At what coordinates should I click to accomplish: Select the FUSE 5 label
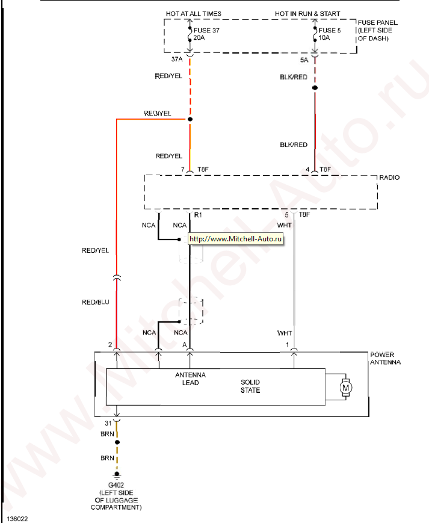(x=329, y=30)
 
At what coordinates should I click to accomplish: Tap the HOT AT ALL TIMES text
(x=193, y=14)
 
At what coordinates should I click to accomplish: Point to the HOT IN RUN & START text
(x=307, y=14)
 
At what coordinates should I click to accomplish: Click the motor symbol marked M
(x=345, y=388)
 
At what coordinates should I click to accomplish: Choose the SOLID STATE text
(x=250, y=386)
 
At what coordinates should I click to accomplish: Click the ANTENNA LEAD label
(x=190, y=379)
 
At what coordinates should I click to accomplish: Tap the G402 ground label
(x=116, y=484)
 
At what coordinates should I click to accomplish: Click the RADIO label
(x=389, y=178)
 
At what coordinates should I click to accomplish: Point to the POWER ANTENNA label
(x=386, y=359)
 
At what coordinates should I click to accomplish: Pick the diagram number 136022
(x=17, y=517)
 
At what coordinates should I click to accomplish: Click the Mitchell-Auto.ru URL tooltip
(x=236, y=239)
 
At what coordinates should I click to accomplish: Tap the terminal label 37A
(x=176, y=60)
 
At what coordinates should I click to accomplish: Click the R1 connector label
(x=197, y=214)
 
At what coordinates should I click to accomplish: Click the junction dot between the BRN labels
(x=117, y=442)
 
